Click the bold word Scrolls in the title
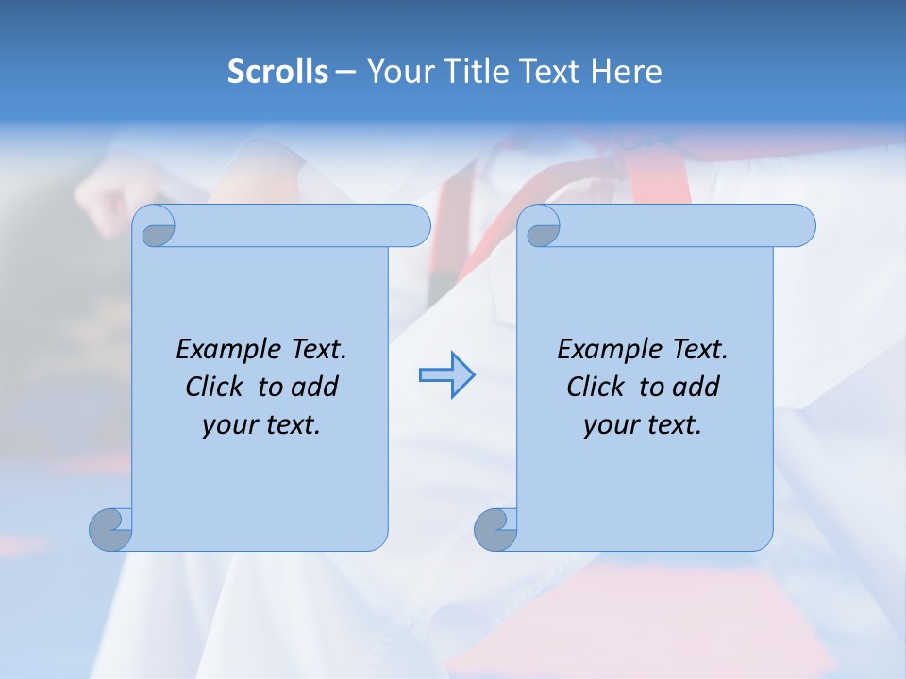(x=277, y=72)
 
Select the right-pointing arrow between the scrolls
(x=446, y=375)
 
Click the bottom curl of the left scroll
(x=111, y=529)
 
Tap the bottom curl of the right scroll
(x=495, y=529)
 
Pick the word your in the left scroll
(x=228, y=425)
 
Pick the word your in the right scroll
(x=610, y=425)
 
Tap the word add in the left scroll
(x=316, y=387)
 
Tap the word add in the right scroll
(x=697, y=387)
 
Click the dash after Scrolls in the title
(x=345, y=72)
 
